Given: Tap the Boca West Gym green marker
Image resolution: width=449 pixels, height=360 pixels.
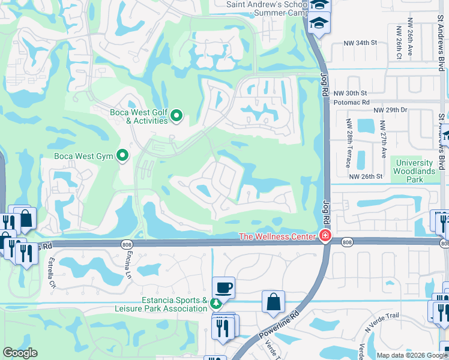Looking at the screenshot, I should [x=123, y=156].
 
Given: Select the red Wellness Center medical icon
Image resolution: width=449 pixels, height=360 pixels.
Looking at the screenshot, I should [x=325, y=236].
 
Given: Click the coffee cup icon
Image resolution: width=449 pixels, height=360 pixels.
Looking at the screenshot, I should [x=223, y=288].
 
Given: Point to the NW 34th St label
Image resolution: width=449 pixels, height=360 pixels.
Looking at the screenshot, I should [x=360, y=43].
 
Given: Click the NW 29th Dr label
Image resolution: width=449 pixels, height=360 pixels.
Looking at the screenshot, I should [x=390, y=110].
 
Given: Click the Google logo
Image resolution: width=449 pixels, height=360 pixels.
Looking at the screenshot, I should [x=20, y=353].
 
